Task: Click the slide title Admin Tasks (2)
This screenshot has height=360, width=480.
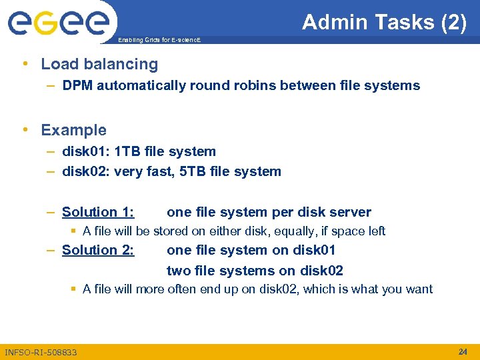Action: point(384,22)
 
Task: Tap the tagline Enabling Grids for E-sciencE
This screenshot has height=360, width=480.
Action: point(159,41)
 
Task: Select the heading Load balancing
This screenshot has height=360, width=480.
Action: point(99,64)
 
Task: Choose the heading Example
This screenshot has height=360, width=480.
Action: point(73,130)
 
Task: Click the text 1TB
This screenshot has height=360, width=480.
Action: point(129,151)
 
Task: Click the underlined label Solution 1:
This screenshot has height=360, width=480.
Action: point(98,212)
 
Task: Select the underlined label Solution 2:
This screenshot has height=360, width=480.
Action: point(98,250)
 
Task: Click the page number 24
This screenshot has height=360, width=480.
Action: point(463,351)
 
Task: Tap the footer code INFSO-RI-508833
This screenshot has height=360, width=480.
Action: point(41,352)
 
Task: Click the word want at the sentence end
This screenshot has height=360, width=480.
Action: point(419,289)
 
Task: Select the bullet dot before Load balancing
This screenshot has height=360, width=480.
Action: point(25,64)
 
